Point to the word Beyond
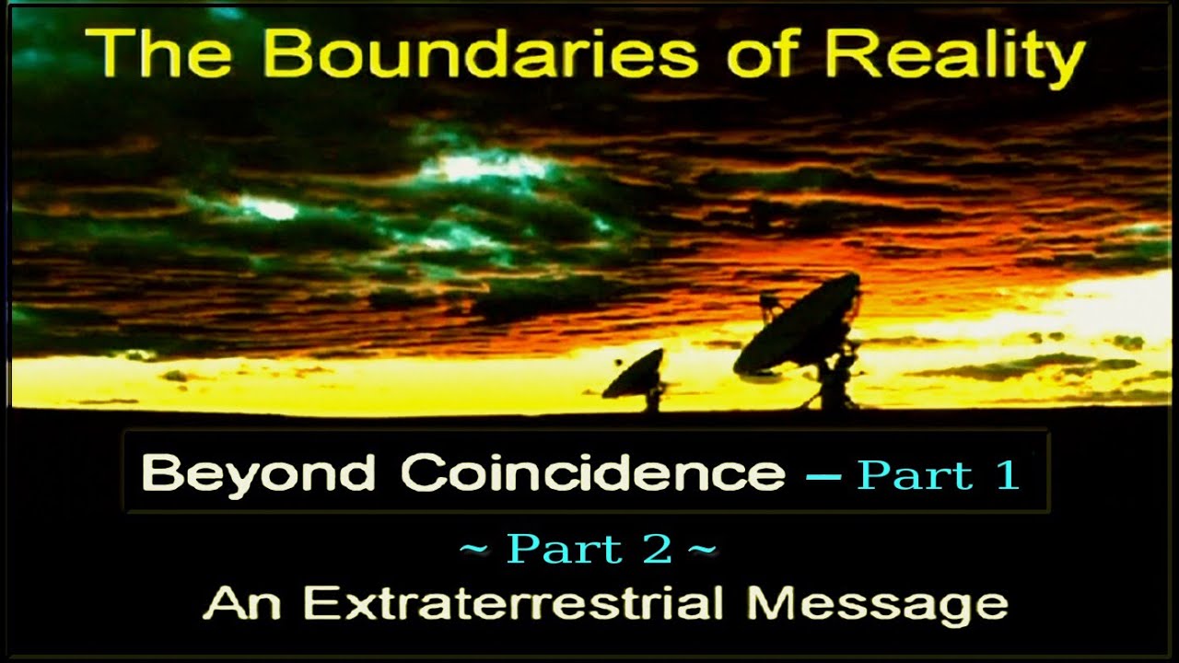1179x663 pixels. [260, 475]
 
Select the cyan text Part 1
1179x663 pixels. [938, 474]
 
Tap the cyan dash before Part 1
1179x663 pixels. [823, 476]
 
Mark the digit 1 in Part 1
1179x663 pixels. [1006, 474]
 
